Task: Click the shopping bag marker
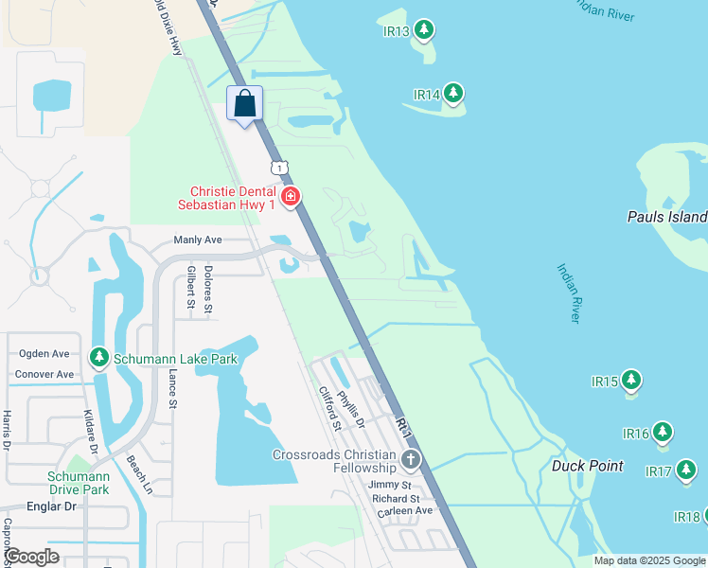pos(244,104)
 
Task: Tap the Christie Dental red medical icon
pos(291,198)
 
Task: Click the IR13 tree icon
pos(425,30)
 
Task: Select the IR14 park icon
pos(454,94)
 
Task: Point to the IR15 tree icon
pos(631,381)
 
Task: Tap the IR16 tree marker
pos(662,433)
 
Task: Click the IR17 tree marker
pos(686,470)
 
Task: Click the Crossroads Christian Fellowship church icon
pos(410,461)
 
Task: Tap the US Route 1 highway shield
pos(278,167)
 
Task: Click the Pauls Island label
pos(666,217)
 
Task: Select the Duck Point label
pos(588,466)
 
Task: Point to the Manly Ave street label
pos(197,240)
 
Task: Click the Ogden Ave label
pos(44,354)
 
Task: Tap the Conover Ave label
pos(44,375)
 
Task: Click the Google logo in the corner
pos(32,556)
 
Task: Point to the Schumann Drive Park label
pos(80,483)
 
